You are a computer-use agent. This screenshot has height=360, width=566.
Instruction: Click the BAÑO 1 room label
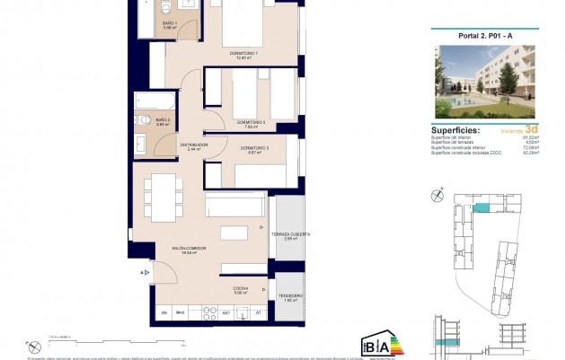click(x=170, y=24)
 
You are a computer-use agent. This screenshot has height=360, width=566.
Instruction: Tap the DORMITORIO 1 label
click(x=243, y=56)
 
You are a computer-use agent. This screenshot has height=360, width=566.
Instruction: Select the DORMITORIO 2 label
click(x=251, y=122)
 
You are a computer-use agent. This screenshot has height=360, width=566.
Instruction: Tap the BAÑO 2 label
click(x=163, y=120)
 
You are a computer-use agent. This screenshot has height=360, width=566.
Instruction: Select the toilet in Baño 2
click(x=145, y=120)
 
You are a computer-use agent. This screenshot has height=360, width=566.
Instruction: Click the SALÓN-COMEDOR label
click(x=190, y=249)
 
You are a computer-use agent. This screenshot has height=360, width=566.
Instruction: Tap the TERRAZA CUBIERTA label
click(x=291, y=235)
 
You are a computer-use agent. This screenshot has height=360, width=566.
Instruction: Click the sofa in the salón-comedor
click(x=235, y=205)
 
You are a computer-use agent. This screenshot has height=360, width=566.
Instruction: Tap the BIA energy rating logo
click(x=376, y=345)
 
